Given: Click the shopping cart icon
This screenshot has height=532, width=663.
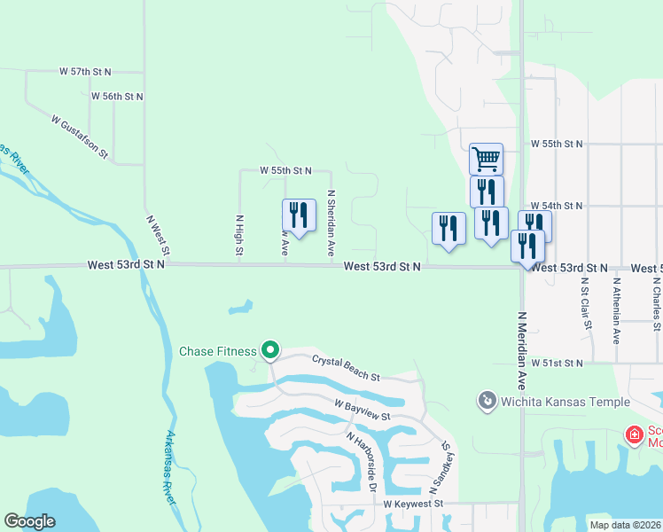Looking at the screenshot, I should tap(486, 160).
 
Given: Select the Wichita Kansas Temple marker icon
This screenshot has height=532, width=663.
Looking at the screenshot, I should tap(486, 402).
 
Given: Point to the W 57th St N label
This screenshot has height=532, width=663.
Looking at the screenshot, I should tap(87, 70).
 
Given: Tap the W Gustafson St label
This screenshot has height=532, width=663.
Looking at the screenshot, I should tap(80, 137).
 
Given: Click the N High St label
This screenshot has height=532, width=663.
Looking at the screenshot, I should tap(239, 235).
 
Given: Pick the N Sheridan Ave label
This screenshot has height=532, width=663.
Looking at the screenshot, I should tap(331, 223).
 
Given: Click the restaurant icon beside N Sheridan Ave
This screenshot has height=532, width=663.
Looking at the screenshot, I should tap(299, 215).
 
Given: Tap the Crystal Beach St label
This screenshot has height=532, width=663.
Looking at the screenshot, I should tap(346, 368).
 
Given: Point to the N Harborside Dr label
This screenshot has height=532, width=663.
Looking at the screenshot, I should tap(363, 463).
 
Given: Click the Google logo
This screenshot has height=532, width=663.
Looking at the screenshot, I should tap(29, 521).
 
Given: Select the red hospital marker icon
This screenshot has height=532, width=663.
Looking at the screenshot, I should tap(634, 434).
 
